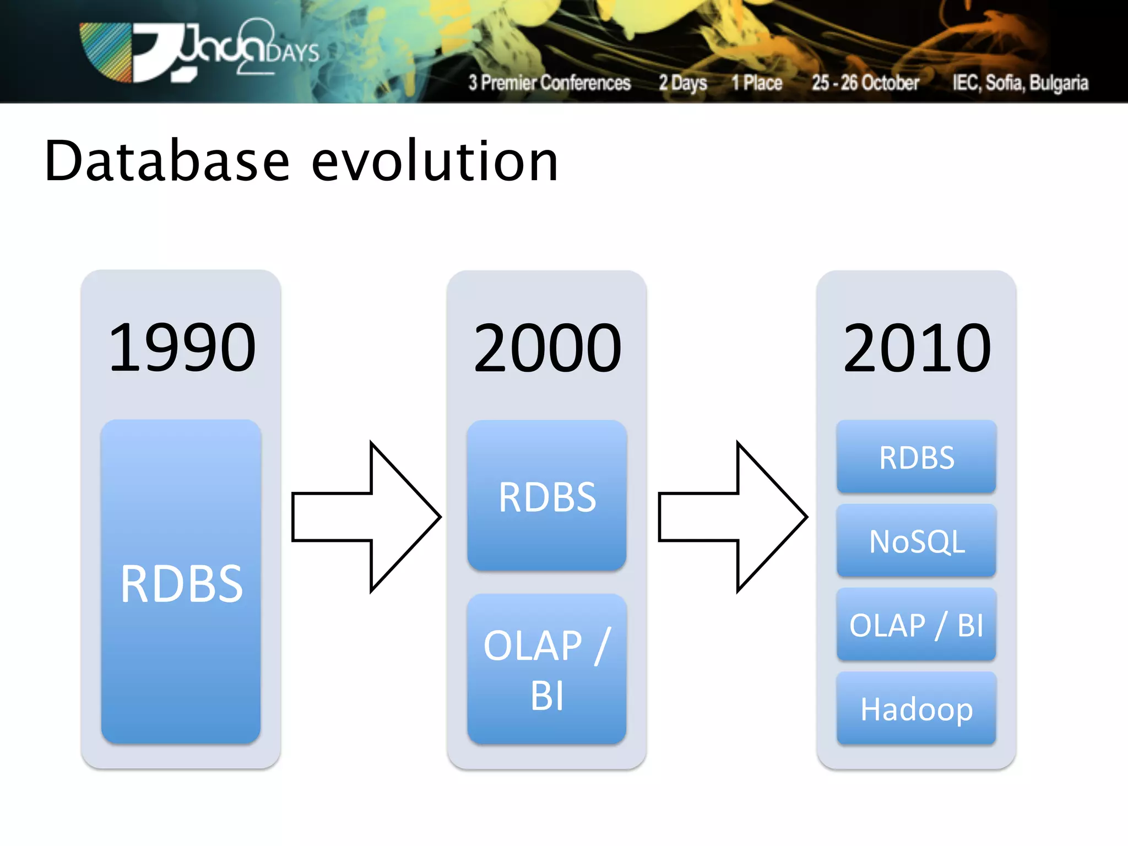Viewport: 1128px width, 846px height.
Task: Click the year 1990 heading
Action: (182, 348)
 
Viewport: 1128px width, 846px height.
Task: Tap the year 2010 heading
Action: (916, 348)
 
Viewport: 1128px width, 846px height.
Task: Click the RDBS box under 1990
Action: (181, 583)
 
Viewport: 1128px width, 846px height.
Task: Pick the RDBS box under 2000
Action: (547, 496)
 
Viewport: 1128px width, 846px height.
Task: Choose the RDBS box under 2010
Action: (916, 457)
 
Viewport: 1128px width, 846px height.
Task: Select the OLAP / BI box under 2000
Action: (547, 669)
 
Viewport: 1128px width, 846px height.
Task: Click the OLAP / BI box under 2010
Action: (916, 625)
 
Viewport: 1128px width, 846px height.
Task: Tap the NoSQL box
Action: (916, 541)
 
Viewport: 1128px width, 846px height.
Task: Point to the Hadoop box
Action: (916, 708)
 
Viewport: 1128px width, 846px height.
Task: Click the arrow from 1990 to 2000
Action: (366, 517)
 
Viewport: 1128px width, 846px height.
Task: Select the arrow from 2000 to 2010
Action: (733, 517)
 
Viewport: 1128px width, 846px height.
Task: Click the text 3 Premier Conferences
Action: (549, 83)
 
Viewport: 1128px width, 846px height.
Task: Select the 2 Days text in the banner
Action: (683, 83)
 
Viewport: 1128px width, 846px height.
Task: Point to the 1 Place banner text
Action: (757, 83)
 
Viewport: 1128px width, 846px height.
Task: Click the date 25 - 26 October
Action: (865, 83)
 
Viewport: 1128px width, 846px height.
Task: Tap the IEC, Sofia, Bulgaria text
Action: (1021, 83)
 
